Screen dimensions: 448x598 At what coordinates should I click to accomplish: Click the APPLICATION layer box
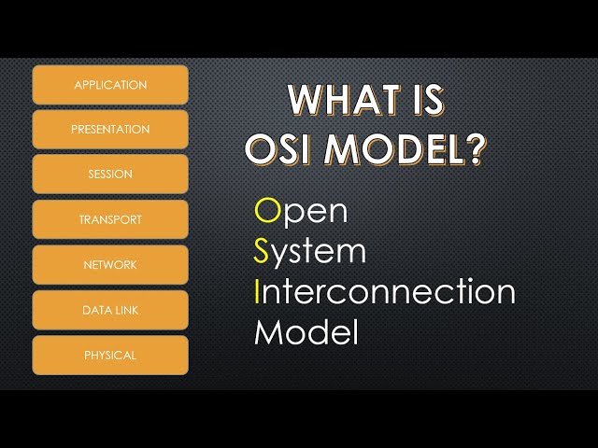(110, 85)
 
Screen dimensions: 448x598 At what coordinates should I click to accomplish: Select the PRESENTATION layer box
(110, 130)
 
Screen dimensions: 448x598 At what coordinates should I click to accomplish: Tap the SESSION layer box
(110, 175)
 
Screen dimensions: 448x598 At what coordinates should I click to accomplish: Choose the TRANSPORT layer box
(110, 219)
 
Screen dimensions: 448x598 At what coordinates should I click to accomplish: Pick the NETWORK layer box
(110, 265)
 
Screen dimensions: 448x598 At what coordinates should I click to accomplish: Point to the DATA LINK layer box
(110, 310)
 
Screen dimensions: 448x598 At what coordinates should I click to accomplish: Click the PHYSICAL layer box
(110, 355)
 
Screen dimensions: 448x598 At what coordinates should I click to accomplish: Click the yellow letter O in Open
(267, 211)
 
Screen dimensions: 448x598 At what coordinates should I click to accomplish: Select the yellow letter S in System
(263, 251)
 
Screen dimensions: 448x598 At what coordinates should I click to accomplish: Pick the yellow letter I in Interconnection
(258, 291)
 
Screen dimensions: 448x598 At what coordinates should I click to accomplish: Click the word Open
(301, 212)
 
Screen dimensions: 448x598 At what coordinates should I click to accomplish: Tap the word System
(310, 253)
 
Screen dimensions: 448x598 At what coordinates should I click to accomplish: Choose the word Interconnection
(384, 291)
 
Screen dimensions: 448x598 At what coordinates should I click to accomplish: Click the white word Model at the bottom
(306, 332)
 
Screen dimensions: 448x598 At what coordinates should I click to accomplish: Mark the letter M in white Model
(269, 332)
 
